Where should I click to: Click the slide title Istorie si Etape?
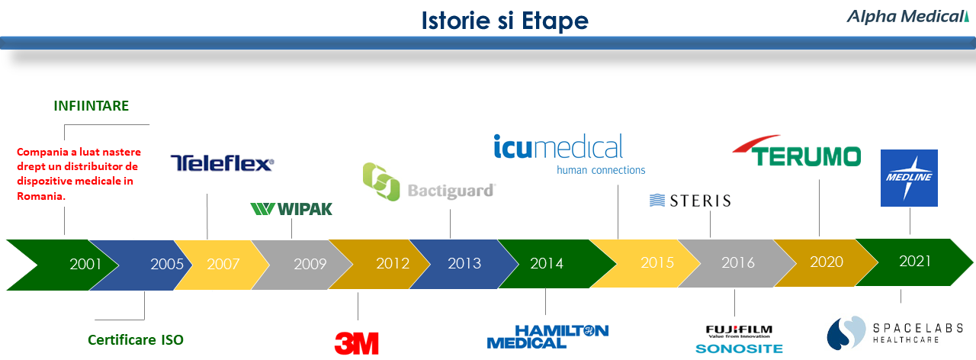pyautogui.click(x=505, y=21)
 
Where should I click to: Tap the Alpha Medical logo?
pyautogui.click(x=908, y=17)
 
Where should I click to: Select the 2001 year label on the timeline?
pyautogui.click(x=85, y=264)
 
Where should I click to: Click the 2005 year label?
pyautogui.click(x=167, y=264)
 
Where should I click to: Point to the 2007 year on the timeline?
pyautogui.click(x=223, y=264)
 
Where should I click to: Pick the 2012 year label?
pyautogui.click(x=393, y=263)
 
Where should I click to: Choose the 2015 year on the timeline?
pyautogui.click(x=657, y=262)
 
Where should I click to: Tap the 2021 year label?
pyautogui.click(x=915, y=261)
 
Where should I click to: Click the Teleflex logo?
pyautogui.click(x=222, y=163)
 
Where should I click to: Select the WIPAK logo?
pyautogui.click(x=291, y=209)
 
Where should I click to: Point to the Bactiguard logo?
pyautogui.click(x=429, y=182)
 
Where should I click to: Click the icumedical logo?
pyautogui.click(x=570, y=154)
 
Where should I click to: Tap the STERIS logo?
pyautogui.click(x=690, y=201)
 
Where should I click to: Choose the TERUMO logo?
pyautogui.click(x=797, y=151)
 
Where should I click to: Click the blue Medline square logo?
pyautogui.click(x=909, y=178)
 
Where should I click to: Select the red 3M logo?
pyautogui.click(x=356, y=343)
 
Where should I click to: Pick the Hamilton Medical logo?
pyautogui.click(x=547, y=337)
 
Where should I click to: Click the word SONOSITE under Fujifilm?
pyautogui.click(x=739, y=349)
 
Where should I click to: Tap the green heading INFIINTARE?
pyautogui.click(x=91, y=106)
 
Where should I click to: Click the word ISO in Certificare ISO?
pyautogui.click(x=172, y=340)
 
